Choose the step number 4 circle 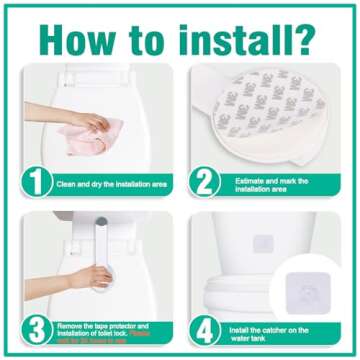[204, 328]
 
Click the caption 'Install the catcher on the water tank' [277, 329]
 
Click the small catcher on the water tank [263, 243]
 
